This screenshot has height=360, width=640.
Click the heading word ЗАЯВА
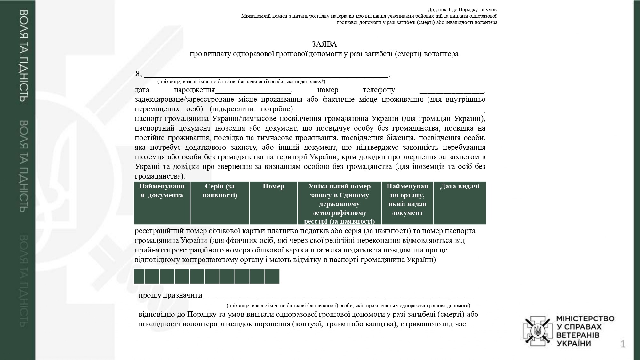(324, 44)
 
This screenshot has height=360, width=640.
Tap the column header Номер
(273, 186)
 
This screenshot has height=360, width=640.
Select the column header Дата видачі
(460, 186)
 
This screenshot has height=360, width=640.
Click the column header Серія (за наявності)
(220, 191)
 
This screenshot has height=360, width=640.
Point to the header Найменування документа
(162, 191)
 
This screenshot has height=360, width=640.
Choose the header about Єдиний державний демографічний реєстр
(339, 204)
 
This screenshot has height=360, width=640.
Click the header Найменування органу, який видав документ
(407, 199)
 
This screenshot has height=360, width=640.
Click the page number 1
(622, 344)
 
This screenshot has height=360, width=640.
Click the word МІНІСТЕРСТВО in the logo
(585, 319)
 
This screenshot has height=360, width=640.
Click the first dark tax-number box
(139, 276)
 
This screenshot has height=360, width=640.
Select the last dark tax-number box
(272, 276)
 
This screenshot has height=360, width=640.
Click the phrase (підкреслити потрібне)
(251, 109)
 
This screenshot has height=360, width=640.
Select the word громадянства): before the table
(160, 176)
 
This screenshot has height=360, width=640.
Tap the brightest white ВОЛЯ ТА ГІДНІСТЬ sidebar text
(25, 56)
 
